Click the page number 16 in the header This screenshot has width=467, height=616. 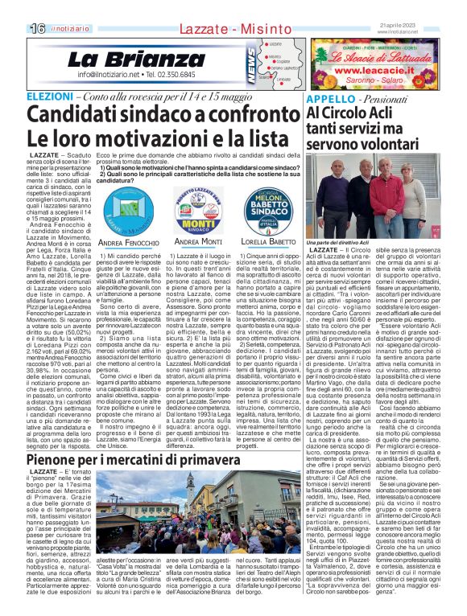[x=15, y=27]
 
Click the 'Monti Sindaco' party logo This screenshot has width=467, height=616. [x=198, y=211]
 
